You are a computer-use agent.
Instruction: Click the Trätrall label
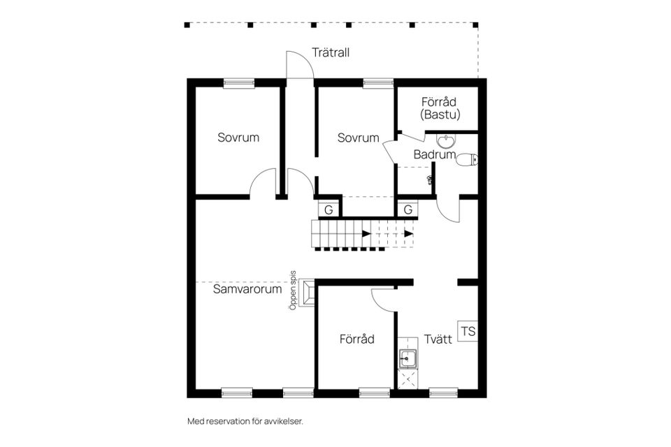(331, 53)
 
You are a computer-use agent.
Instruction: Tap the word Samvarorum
(247, 288)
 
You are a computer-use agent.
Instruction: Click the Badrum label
(434, 154)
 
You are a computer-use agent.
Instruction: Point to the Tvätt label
(438, 339)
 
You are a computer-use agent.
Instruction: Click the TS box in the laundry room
(468, 331)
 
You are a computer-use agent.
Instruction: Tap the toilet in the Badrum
(466, 160)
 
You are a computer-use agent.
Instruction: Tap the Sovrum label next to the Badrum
(358, 138)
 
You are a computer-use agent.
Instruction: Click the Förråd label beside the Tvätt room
(357, 339)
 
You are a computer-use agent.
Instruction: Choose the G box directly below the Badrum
(407, 209)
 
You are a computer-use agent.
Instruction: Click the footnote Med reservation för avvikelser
(245, 421)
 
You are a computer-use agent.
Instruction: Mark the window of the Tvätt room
(442, 393)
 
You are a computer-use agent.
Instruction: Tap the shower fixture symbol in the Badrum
(430, 180)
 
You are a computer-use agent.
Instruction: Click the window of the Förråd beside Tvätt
(374, 393)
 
